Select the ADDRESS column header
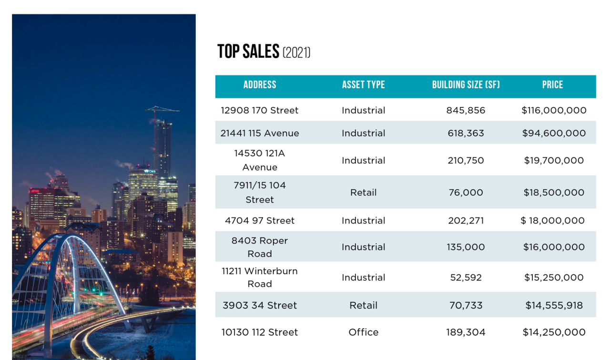pos(260,85)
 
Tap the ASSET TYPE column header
pos(363,85)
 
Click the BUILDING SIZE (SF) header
pos(466,85)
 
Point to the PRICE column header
pos(552,85)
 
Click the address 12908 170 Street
pos(260,110)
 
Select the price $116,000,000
pos(554,110)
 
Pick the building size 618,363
pos(466,133)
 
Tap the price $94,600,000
pos(554,133)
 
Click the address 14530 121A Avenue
pos(260,160)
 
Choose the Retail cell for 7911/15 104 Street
pos(363,193)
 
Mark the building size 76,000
pos(466,193)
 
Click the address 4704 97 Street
pos(260,220)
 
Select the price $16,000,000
pos(554,247)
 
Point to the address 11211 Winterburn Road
pos(260,278)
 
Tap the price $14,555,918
pos(554,306)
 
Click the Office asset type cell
pos(363,332)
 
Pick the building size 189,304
pos(466,332)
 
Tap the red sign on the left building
pos(35,191)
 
